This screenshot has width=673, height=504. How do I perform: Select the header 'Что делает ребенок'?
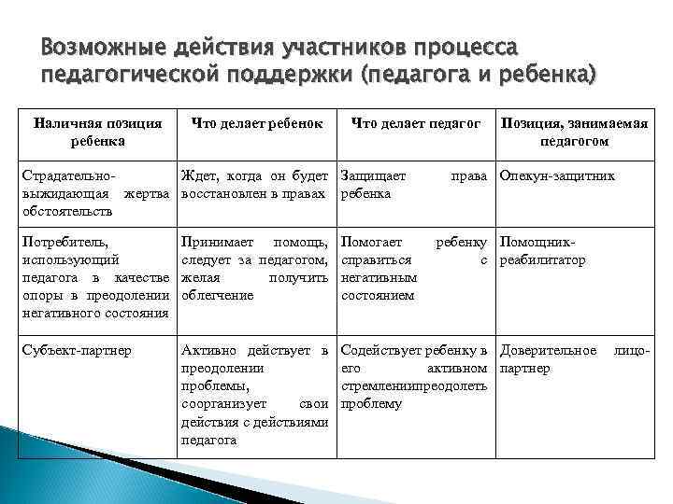pos(257,123)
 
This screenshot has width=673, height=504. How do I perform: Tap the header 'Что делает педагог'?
pos(416,123)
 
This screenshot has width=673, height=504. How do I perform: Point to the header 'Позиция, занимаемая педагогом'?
pos(574,132)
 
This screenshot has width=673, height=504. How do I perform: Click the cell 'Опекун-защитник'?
pos(558,175)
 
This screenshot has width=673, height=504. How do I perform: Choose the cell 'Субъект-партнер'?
pos(75,352)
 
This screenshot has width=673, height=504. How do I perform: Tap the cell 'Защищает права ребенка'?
pos(417,184)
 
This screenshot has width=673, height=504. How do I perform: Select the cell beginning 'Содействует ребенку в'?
pos(417,377)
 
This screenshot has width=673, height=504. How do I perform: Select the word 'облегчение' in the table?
pos(218,295)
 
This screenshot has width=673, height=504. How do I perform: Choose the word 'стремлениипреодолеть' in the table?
pos(415,386)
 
